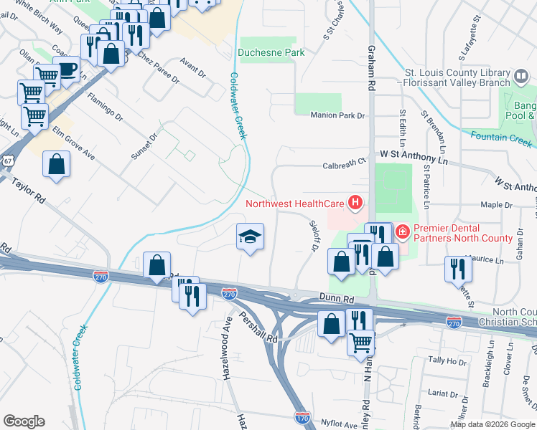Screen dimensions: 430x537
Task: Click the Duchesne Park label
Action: coord(271,52)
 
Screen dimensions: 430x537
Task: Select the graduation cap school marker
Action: coord(250,237)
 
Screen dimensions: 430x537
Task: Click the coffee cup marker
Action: coord(67,70)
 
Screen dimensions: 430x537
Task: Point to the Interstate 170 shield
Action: coord(302,417)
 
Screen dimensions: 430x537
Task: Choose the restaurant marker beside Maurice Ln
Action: coord(457,269)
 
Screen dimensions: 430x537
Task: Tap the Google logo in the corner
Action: coord(24,421)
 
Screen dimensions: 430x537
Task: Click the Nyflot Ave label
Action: coord(340,424)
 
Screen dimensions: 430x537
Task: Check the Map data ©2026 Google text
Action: coord(492,424)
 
